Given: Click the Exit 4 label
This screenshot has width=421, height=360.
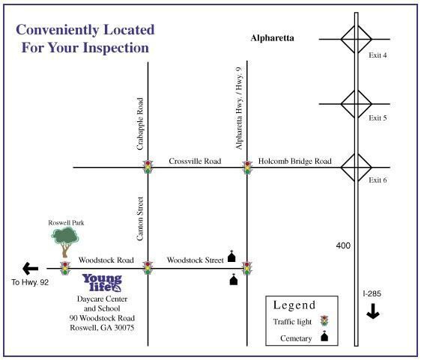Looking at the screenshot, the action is [378, 55].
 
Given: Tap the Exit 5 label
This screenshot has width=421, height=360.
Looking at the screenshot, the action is [378, 118].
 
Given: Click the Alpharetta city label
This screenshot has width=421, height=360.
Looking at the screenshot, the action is [272, 38].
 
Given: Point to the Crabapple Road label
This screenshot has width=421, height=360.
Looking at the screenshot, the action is [140, 123].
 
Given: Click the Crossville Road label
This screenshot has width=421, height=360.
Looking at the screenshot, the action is [195, 161].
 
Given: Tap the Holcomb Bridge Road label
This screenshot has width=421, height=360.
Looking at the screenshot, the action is [295, 161].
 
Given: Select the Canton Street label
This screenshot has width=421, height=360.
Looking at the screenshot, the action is [140, 219].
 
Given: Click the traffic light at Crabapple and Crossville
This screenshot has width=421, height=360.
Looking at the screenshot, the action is [148, 167].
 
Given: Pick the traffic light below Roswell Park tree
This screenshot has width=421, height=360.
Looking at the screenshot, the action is [65, 268].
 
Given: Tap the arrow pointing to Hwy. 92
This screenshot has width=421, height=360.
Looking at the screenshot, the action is [31, 268].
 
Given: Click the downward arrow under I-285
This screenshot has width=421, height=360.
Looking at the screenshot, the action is [373, 311].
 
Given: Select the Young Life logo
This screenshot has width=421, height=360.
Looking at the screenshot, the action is [103, 283].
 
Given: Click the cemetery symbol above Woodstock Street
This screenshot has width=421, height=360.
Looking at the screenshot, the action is [231, 256].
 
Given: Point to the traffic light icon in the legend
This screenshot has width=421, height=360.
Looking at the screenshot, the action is [324, 321].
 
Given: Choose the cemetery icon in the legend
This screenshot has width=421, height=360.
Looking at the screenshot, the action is [324, 336].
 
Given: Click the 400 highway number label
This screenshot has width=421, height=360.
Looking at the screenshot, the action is [343, 245].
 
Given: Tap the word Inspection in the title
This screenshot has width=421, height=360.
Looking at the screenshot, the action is [115, 49].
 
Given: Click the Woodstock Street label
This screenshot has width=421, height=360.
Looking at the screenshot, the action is [196, 260].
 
